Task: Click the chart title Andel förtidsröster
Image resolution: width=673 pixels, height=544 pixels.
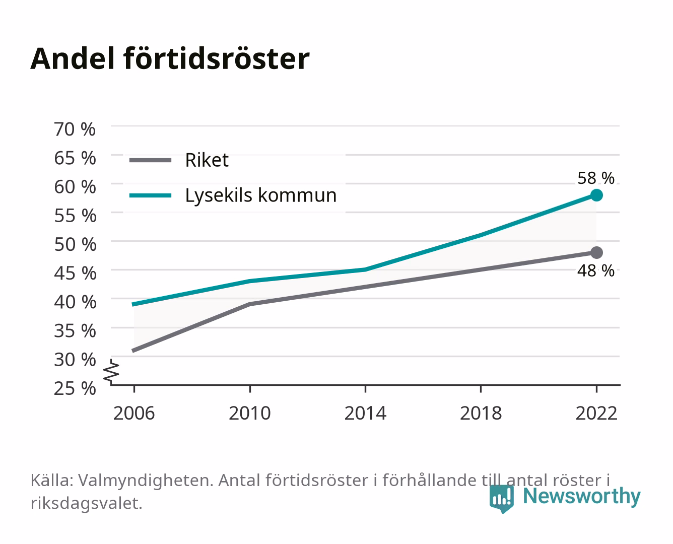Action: pos(170,59)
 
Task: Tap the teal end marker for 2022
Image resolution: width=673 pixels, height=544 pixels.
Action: pos(596,195)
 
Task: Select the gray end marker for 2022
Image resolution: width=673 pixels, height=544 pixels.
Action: pos(596,252)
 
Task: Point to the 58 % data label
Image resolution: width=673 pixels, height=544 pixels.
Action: pos(596,178)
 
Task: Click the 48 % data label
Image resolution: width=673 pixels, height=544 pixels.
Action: pos(596,270)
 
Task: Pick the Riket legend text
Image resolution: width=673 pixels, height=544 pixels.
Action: pos(207,160)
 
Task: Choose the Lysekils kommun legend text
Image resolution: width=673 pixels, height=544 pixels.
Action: pos(261,195)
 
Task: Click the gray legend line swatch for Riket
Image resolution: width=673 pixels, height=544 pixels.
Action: pos(151,160)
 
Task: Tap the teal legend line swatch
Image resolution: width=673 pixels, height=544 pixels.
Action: pos(151,195)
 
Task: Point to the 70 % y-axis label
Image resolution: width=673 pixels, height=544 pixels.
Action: pos(75,129)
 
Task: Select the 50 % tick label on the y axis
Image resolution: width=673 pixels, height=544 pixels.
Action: pos(75,244)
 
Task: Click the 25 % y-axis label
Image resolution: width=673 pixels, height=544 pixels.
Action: pos(75,388)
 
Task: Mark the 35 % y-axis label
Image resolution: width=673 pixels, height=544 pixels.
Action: pos(75,331)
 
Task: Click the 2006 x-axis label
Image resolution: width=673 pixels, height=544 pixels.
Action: pos(134,413)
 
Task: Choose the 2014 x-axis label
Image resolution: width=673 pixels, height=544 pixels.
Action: pos(365,413)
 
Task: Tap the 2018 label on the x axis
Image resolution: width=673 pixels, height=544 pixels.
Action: pos(481,413)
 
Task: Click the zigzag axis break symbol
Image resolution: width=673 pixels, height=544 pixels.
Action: pos(111,372)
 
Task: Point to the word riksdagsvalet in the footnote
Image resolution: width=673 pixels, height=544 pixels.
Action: pos(86,503)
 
